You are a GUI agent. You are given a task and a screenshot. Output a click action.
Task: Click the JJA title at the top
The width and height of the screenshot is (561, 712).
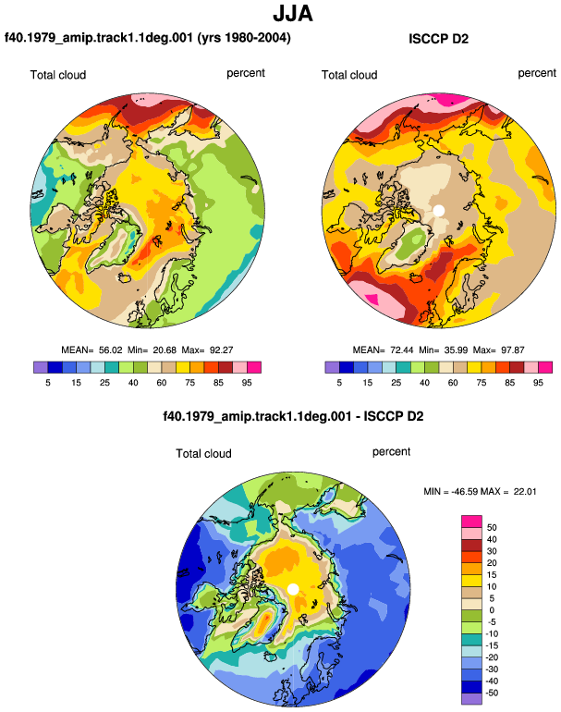pos(293,14)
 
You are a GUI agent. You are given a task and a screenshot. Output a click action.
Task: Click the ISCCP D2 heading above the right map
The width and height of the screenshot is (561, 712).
pos(438,39)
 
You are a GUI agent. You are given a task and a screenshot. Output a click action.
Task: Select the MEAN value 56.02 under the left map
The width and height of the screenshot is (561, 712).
pos(111,350)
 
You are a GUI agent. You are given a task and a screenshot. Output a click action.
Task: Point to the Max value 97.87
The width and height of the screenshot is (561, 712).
pos(513,350)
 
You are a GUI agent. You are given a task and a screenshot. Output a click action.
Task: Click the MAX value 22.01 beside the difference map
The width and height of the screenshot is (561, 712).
pos(525,491)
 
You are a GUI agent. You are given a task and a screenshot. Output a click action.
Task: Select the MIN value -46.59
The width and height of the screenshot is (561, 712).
pos(465,491)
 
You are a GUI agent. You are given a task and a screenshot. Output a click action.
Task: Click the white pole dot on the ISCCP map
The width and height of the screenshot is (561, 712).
pos(438,211)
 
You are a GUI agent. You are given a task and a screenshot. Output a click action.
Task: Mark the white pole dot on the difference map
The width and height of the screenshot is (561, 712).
pos(293,589)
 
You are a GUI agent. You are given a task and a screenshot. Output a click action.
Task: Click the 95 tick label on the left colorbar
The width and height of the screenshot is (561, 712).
pos(247,383)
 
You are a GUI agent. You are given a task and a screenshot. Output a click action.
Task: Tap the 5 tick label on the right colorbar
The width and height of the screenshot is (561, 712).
pos(339,383)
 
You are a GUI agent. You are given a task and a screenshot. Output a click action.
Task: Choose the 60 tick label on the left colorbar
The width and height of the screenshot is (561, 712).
pos(162,383)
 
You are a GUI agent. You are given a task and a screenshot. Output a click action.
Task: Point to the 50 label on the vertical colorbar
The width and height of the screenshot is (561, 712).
pos(492,528)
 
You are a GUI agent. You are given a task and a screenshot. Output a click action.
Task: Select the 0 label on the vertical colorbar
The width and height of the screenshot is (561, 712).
pos(492,610)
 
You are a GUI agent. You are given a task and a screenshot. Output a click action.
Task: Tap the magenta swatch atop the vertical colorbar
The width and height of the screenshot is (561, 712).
pos(471,522)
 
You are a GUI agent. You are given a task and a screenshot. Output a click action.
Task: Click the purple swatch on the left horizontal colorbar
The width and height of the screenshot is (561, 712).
pos(41,367)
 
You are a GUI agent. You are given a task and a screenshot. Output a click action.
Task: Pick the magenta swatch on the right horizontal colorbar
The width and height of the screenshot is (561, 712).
pos(545,367)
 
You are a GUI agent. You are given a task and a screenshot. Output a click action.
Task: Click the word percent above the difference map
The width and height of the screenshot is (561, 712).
pos(391,452)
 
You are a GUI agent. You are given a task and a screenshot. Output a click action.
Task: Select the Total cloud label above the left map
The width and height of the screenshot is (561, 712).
pos(58,75)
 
